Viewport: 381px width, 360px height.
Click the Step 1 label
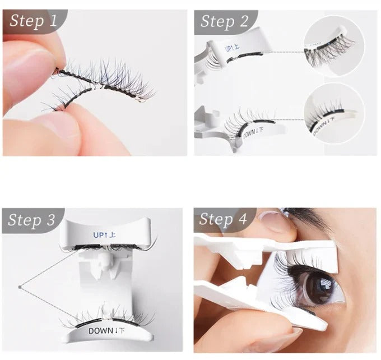pyautogui.click(x=33, y=21)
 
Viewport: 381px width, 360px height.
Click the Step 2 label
pyautogui.click(x=224, y=21)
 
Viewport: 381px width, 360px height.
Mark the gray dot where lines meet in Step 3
pyautogui.click(x=20, y=288)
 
